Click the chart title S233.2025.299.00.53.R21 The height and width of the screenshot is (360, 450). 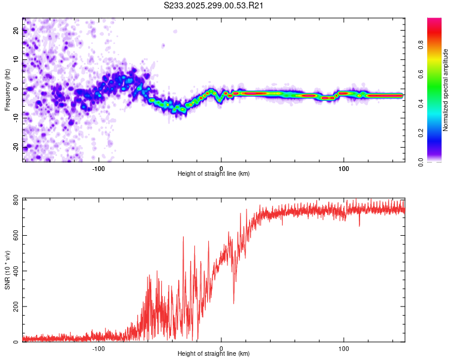click(214, 6)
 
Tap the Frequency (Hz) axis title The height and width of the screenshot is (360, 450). click(7, 89)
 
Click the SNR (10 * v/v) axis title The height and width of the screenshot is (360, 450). click(8, 271)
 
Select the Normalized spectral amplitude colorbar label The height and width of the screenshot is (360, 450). click(446, 90)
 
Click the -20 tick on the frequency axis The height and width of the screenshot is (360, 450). click(16, 147)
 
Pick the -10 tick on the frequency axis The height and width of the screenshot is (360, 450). click(16, 118)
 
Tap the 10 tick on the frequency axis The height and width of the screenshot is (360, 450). click(16, 60)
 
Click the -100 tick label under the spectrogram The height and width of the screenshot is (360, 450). click(98, 167)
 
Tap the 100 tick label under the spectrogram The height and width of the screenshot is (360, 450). click(344, 167)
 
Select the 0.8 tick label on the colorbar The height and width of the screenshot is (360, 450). click(420, 44)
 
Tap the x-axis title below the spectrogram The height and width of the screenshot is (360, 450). click(214, 174)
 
